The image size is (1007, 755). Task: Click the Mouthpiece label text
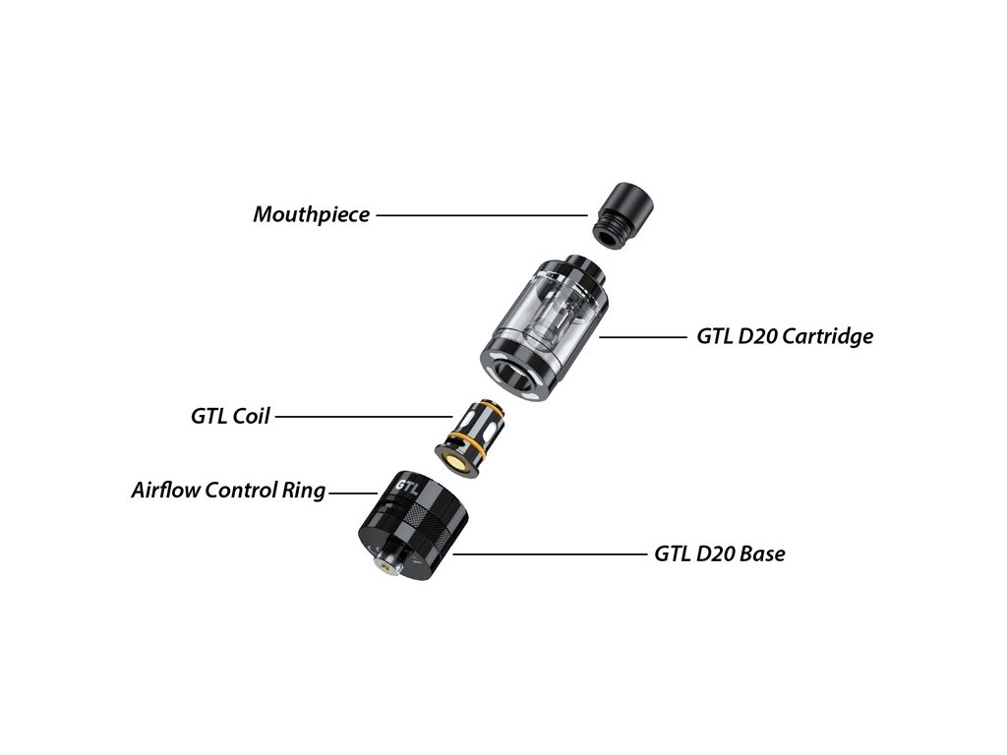(311, 213)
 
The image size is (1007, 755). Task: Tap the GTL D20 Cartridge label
(785, 336)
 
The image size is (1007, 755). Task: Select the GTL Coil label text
(229, 416)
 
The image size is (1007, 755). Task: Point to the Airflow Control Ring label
(227, 490)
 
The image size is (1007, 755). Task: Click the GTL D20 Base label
(719, 553)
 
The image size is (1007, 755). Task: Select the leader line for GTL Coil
(358, 416)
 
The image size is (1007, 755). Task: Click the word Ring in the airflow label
(302, 490)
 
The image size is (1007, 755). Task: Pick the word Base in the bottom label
(761, 553)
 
